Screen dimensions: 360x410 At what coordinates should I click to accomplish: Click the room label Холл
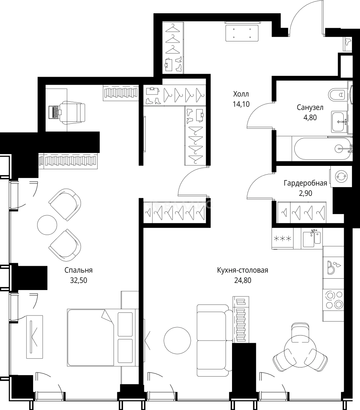[x=241, y=94]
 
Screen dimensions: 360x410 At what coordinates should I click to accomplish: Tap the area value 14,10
[x=241, y=104]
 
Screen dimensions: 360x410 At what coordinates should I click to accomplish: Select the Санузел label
[x=310, y=107]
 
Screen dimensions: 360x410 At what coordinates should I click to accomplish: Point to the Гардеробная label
[x=305, y=183]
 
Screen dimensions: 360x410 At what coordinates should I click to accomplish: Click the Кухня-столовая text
[x=243, y=270]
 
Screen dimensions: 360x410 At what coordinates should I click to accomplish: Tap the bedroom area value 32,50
[x=79, y=280]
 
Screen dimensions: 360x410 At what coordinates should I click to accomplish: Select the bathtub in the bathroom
[x=322, y=149]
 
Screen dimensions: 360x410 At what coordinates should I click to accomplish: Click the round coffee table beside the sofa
[x=177, y=341]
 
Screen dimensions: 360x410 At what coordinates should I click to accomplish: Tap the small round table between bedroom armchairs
[x=47, y=225]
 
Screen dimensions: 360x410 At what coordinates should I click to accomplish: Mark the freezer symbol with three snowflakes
[x=283, y=238]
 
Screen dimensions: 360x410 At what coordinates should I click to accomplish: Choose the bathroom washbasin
[x=341, y=121]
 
